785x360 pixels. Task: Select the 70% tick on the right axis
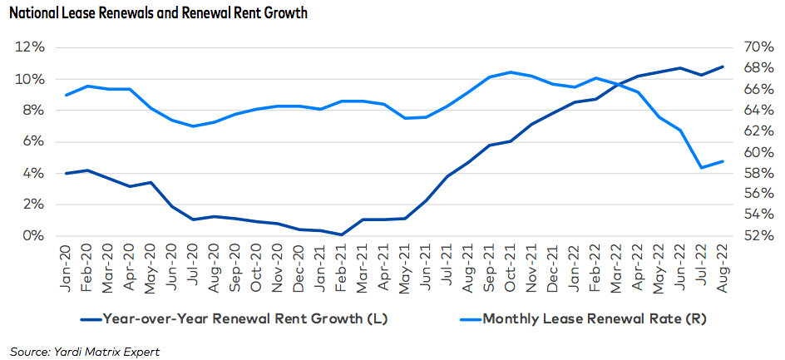751,47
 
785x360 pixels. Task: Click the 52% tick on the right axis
751,236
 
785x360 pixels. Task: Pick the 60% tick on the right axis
751,152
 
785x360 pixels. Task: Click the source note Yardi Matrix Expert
85,351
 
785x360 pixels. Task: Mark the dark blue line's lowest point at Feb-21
342,234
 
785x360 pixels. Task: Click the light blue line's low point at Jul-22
701,168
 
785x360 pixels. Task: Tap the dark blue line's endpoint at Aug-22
722,67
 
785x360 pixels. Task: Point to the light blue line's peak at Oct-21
511,72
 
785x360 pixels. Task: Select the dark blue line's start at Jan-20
67,174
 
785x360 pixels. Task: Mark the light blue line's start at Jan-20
67,95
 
